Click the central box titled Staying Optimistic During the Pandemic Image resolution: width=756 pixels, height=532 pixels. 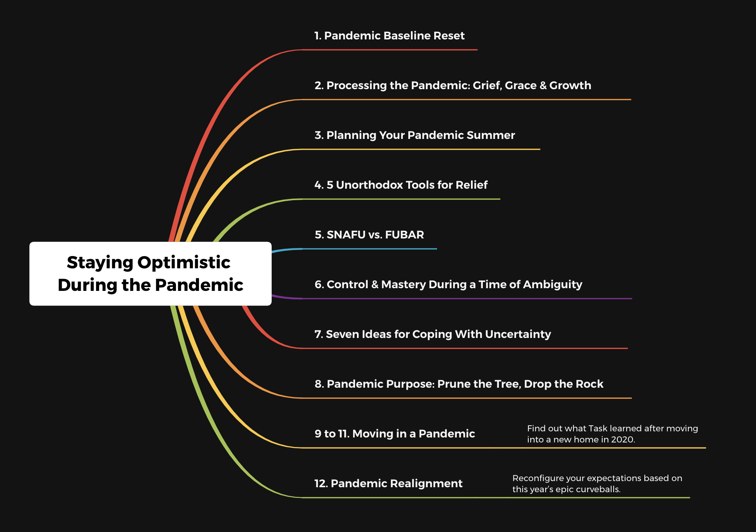click(150, 274)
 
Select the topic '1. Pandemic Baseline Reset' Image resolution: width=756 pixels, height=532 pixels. click(389, 36)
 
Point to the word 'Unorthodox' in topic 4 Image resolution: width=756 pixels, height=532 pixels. click(370, 185)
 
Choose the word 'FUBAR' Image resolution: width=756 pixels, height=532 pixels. click(404, 235)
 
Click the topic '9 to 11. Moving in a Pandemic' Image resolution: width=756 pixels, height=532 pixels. click(394, 434)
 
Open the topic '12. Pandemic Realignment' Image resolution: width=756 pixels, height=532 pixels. click(388, 483)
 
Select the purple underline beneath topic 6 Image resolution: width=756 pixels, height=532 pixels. click(452, 298)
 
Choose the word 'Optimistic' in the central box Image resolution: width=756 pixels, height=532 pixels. click(184, 263)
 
